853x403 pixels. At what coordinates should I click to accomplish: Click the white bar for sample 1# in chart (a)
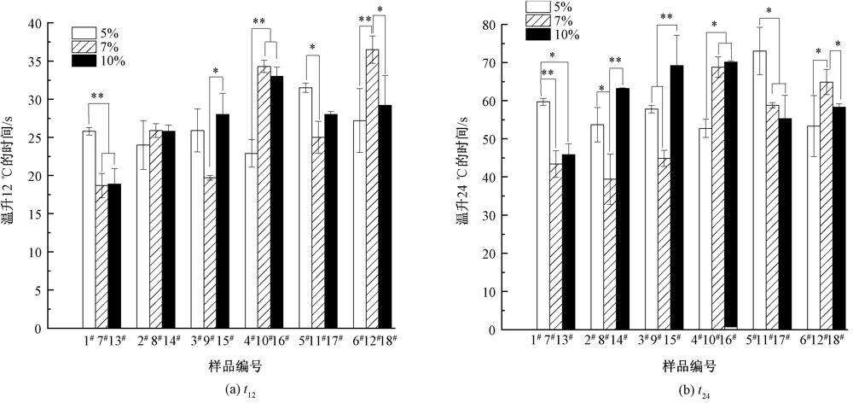click(89, 230)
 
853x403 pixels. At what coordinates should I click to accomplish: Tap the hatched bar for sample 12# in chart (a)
click(373, 189)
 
